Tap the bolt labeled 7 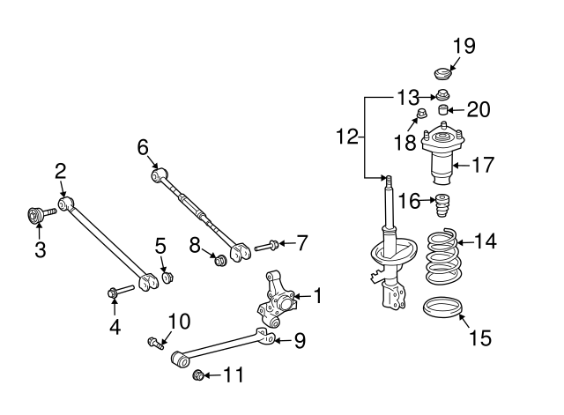point(266,247)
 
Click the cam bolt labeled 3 point(36,214)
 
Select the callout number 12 point(347,137)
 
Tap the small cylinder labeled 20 point(444,110)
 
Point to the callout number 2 point(61,171)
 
